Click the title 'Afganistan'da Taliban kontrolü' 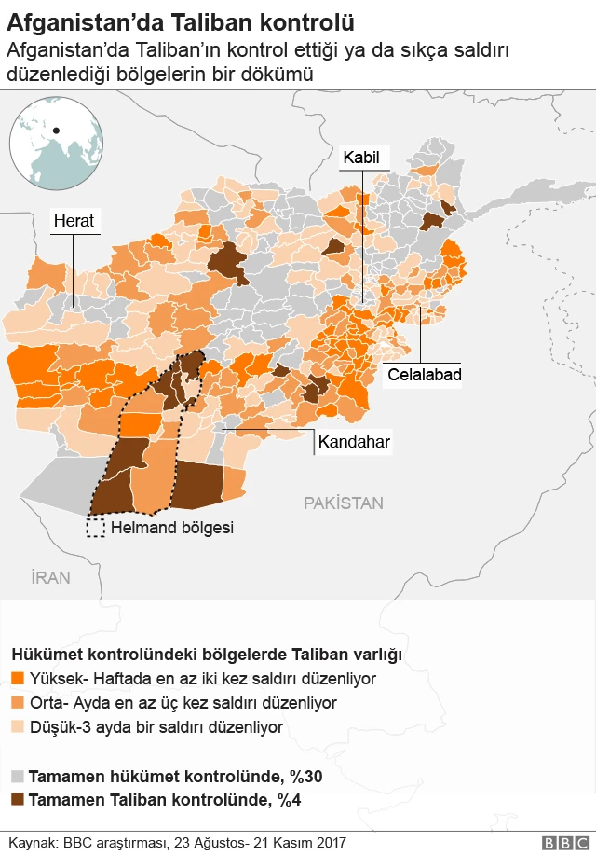181,19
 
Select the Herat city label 74,221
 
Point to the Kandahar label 354,441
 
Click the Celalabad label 425,375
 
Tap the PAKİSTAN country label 343,503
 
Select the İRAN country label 50,578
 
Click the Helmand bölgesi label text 171,528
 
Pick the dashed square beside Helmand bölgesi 95,528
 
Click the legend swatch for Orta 17,703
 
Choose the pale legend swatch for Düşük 17,726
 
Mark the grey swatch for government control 17,776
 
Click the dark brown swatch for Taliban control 17,799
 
